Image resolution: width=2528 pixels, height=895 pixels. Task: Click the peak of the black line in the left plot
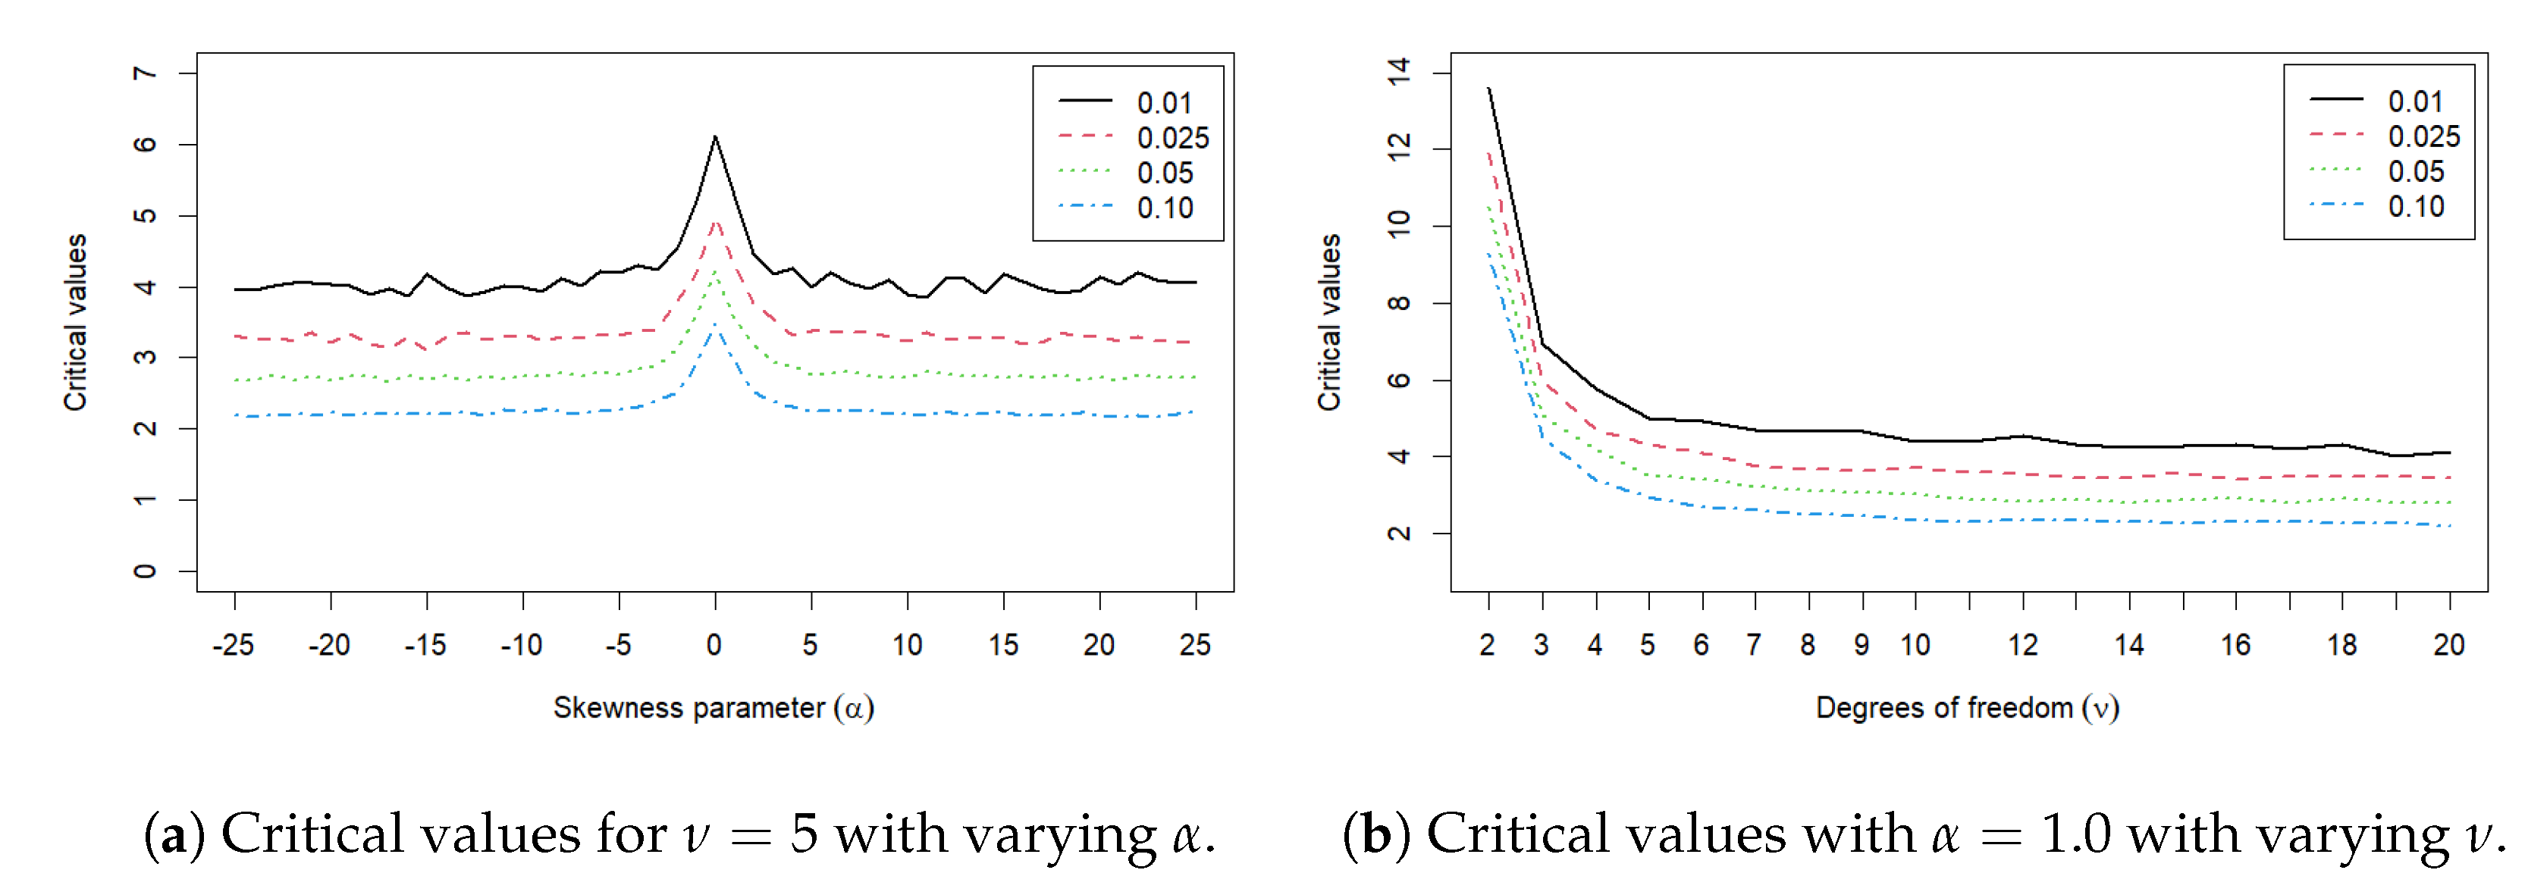point(716,137)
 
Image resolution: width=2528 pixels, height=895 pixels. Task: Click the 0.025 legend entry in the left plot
point(1171,139)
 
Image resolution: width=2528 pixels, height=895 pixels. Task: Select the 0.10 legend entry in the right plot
point(2415,207)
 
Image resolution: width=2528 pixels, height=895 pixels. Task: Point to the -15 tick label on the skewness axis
point(425,645)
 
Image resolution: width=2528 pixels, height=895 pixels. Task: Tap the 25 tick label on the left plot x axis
point(1194,645)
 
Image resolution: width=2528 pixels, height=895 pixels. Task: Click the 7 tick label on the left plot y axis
point(146,74)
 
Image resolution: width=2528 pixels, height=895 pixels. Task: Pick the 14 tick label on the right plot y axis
point(1398,72)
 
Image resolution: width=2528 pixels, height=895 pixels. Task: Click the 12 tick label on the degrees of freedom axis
point(2022,645)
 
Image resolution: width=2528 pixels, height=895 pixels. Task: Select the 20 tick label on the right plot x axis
point(2448,645)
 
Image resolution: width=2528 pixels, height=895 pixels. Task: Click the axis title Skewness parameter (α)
point(714,708)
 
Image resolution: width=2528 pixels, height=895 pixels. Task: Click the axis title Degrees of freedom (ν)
point(1967,708)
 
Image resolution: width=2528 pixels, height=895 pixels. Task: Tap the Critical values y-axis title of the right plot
point(1330,322)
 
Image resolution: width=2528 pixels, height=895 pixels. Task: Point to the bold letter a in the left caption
point(174,835)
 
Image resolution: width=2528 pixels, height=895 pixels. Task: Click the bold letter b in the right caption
point(1376,835)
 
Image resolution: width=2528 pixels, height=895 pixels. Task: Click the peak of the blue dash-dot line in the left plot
point(716,326)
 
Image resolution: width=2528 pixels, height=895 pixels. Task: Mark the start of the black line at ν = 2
point(1488,89)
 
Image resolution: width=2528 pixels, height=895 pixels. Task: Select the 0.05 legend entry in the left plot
point(1164,174)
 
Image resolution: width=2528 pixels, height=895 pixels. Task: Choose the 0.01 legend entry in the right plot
point(2414,102)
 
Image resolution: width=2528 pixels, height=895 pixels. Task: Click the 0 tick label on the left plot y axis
point(146,571)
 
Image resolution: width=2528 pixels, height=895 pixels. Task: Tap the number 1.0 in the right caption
point(2075,835)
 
